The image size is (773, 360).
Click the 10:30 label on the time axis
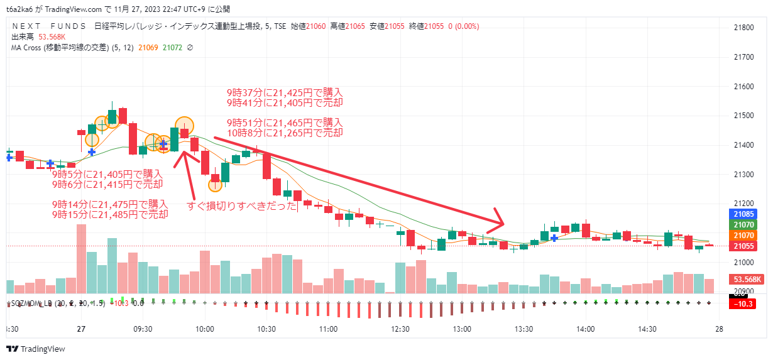(266, 329)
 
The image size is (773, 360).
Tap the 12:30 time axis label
(400, 329)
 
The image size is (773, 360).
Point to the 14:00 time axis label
(586, 329)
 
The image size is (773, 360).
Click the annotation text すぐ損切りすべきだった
(243, 206)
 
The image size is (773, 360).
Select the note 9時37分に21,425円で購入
(285, 92)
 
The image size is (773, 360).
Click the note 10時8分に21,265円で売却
(285, 133)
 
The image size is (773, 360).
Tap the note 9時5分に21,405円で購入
(107, 174)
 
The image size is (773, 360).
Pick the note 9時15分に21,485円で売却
(110, 214)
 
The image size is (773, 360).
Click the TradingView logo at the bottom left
(36, 349)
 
